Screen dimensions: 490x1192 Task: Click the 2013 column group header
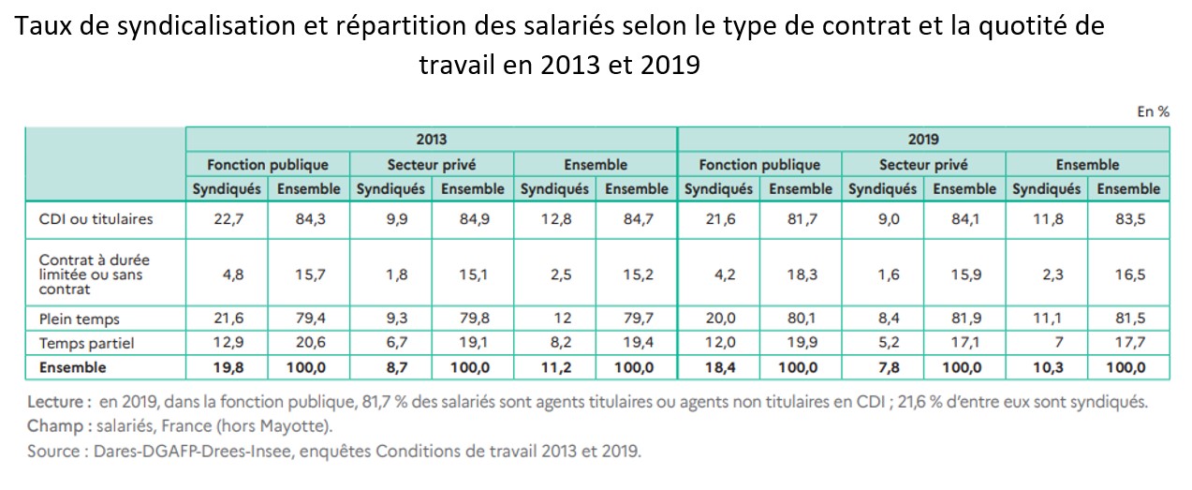tap(432, 139)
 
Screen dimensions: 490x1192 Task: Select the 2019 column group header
tap(923, 139)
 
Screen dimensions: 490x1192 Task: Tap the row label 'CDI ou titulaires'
tap(96, 219)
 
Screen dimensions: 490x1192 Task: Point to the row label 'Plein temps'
tap(79, 319)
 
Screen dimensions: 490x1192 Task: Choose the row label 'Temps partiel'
tap(86, 343)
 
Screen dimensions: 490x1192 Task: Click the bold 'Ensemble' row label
tap(72, 367)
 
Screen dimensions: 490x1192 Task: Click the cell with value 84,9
tap(472, 219)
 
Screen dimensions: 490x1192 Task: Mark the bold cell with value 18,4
tap(718, 367)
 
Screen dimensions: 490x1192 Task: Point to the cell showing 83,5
tap(1128, 219)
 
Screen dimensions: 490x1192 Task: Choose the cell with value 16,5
tap(1128, 275)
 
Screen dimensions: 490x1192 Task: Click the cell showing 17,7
tap(1128, 343)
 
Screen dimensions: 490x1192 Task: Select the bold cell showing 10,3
tap(1046, 367)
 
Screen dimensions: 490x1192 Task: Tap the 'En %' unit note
tap(1153, 111)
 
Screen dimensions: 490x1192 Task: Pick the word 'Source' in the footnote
tap(54, 451)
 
